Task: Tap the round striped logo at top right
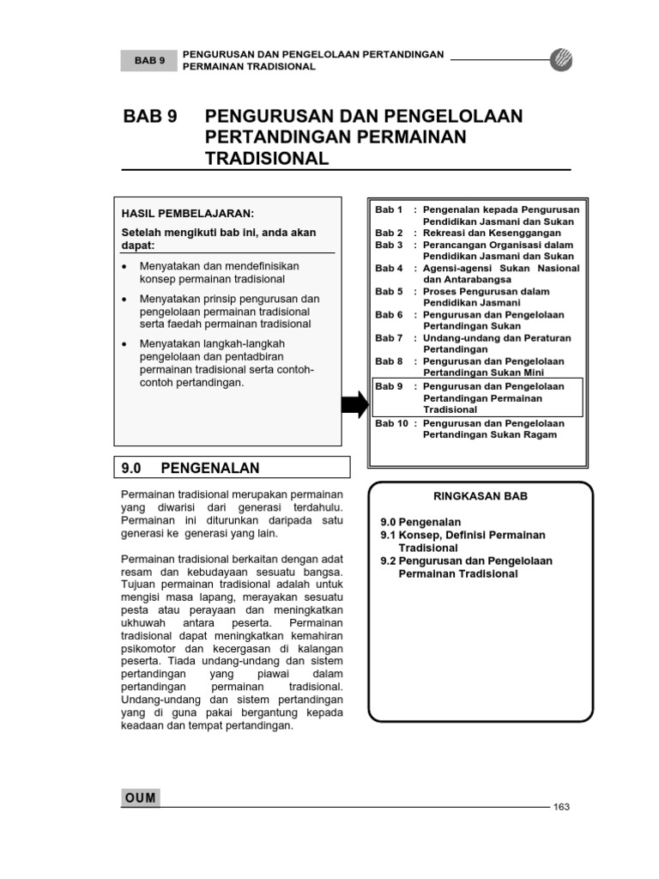tap(561, 60)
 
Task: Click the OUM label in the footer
tap(141, 797)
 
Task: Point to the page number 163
tap(562, 807)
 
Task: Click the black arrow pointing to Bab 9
tap(354, 404)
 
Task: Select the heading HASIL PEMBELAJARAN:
tap(188, 213)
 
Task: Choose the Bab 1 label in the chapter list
tap(389, 209)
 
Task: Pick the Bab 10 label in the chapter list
tap(391, 423)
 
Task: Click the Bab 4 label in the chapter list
tap(389, 269)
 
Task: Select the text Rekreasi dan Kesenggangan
tap(493, 233)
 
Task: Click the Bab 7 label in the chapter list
tap(389, 338)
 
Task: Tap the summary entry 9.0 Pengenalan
tap(420, 522)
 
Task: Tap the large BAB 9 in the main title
tap(151, 117)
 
